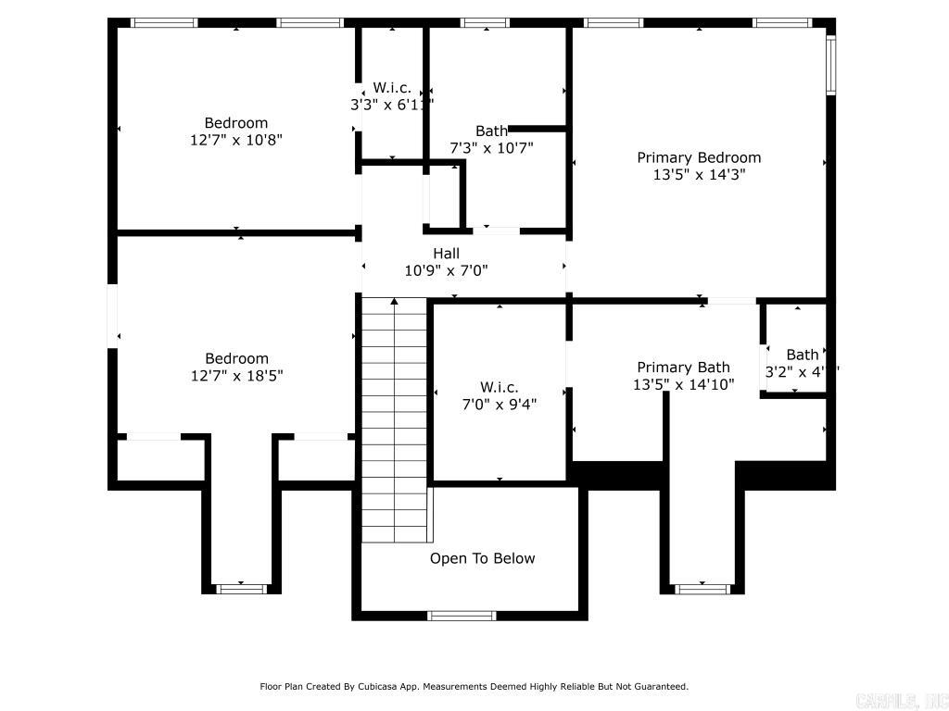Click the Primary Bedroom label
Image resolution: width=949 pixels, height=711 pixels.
(x=699, y=157)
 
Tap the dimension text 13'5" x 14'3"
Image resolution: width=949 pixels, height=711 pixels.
(x=699, y=174)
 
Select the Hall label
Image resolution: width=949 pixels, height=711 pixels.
(x=446, y=253)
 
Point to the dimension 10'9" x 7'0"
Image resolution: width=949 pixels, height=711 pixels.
(x=446, y=270)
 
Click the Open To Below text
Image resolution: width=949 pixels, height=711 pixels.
(x=482, y=558)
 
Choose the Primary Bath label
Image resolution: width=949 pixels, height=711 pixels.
(x=683, y=368)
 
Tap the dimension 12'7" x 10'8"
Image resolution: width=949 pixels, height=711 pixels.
(x=236, y=140)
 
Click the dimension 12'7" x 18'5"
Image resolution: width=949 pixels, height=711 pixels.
(x=236, y=376)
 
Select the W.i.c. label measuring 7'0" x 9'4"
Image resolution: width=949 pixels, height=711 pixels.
(x=499, y=387)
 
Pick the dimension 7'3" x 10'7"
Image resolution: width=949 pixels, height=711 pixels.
(x=491, y=147)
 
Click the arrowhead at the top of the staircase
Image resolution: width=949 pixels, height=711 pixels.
(x=395, y=301)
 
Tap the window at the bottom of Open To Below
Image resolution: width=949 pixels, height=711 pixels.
(x=462, y=616)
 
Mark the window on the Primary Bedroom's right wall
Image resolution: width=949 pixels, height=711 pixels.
(x=830, y=65)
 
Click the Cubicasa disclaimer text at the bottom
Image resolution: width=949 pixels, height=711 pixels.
(x=474, y=686)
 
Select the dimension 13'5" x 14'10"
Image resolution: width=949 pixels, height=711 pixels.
(x=683, y=384)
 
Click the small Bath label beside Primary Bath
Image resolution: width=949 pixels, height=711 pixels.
(x=803, y=355)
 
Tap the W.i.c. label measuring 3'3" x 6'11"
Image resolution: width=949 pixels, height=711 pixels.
(x=392, y=88)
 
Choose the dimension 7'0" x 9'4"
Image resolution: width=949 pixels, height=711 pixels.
(x=499, y=404)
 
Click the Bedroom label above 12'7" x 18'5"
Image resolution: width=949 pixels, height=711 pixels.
(x=236, y=358)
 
